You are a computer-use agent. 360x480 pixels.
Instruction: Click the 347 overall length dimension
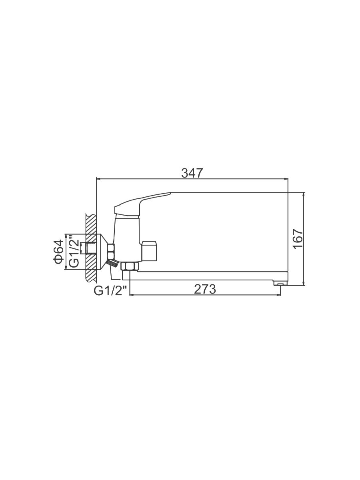tap(192, 174)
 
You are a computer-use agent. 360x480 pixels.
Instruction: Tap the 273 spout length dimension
tap(205, 290)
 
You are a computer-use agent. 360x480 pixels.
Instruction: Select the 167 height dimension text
tap(298, 239)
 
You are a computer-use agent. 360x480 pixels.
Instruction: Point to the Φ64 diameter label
tap(58, 252)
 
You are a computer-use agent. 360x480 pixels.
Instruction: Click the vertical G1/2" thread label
tap(74, 251)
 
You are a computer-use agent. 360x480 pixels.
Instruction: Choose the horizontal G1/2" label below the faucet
tap(110, 291)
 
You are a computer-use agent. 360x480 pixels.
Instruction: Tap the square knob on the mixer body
tap(149, 251)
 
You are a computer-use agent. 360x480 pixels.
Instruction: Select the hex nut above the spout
tap(130, 266)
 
